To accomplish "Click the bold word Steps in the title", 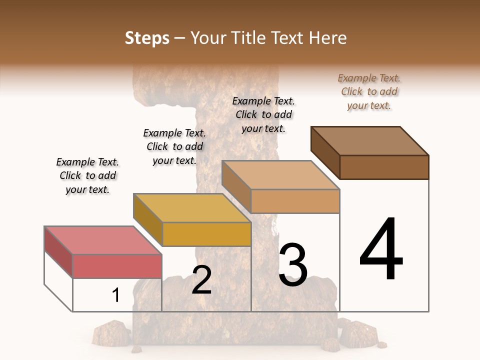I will pos(147,38).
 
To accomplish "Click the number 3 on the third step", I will pos(292,265).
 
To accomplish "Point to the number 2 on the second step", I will pos(201,280).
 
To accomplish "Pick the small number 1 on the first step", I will pos(116,295).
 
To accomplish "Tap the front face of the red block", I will pos(117,266).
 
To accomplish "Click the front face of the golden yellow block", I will pos(206,234).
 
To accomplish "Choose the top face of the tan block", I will pos(281,175).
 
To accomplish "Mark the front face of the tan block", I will pos(295,201).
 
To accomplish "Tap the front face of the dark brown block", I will pos(384,167).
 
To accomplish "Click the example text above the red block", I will pos(87,175).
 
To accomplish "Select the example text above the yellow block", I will pos(174,146).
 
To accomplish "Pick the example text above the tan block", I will pos(263,114).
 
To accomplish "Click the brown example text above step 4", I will pos(369,91).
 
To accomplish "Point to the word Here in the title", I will pos(328,38).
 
